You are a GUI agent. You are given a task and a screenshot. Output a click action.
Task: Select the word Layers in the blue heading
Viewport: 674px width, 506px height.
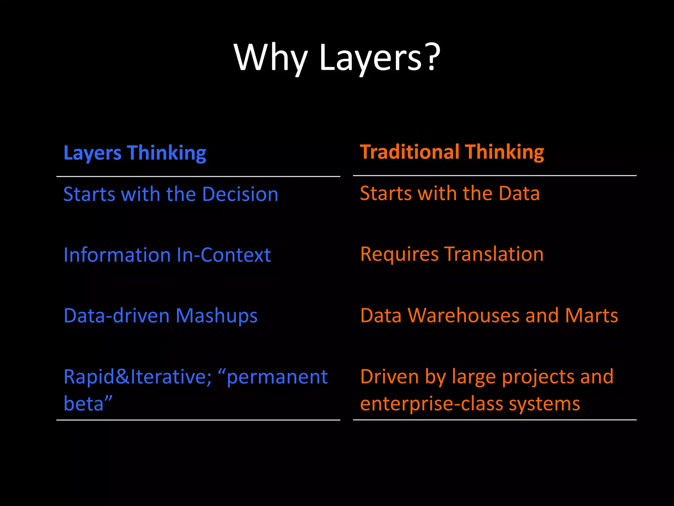pos(92,154)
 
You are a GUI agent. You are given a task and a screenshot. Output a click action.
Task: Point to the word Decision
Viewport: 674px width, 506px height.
pos(240,194)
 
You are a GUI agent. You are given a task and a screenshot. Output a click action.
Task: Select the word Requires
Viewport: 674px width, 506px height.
pos(399,254)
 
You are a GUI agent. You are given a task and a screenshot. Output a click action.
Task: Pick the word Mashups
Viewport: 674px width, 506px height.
pos(217,316)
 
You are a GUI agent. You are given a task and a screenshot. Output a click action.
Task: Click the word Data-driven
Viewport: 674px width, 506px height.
pos(117,316)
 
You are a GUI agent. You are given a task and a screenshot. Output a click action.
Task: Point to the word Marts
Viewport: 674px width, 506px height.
pos(591,315)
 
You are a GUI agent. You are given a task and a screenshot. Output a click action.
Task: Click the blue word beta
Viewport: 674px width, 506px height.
pos(84,404)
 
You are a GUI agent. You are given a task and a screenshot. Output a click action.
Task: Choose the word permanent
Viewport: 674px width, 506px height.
pos(277,378)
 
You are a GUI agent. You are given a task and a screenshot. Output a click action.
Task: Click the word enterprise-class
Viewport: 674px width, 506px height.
pos(431,404)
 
